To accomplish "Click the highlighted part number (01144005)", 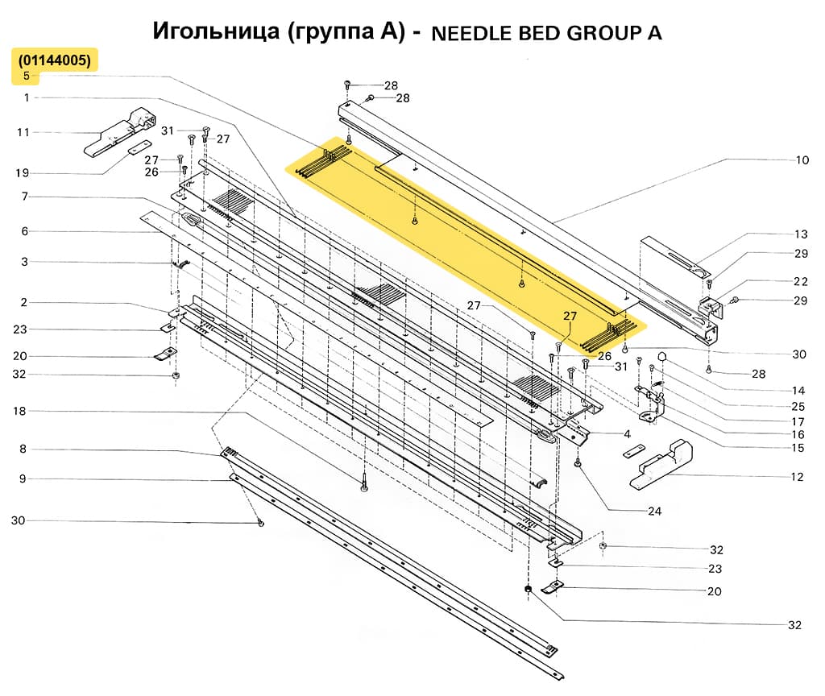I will pos(55,60).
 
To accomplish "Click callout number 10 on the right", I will pos(802,160).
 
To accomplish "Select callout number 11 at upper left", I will pos(23,132).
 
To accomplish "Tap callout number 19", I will pos(23,173).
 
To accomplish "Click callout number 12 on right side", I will pos(797,477).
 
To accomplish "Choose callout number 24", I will pos(654,511).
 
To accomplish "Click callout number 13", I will pos(800,234).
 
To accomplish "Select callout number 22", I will pos(800,281).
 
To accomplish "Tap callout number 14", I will pos(798,390).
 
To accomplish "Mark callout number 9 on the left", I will pos(23,478).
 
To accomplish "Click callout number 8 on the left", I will pos(23,449).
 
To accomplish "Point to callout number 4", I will pos(649,435).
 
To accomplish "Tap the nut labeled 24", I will pos(578,464).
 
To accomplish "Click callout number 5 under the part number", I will pos(27,77).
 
